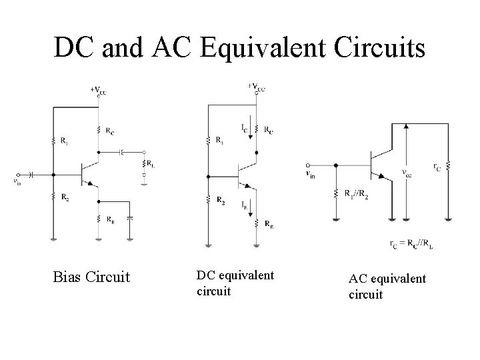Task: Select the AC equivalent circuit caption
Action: [x=387, y=286]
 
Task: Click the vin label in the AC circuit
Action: [x=310, y=175]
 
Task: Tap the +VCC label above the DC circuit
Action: [x=256, y=87]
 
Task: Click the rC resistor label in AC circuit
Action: [x=436, y=167]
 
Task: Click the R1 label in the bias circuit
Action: [x=62, y=141]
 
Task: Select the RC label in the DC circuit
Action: [x=267, y=130]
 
